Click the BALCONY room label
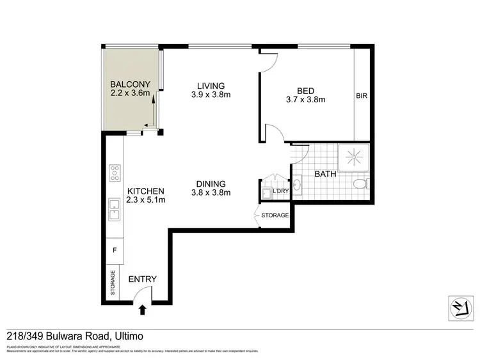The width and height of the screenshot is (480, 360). [130, 84]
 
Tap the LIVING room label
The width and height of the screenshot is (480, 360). [211, 86]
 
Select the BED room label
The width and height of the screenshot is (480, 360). [306, 90]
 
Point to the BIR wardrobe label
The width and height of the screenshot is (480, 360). [362, 97]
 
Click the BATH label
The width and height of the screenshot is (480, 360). [326, 173]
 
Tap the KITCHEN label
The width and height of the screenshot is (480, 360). [146, 191]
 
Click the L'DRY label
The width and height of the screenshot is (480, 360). [280, 191]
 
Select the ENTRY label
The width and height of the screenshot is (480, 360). [142, 279]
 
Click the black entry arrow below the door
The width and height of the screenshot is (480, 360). [142, 311]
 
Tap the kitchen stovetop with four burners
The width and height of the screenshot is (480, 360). [115, 173]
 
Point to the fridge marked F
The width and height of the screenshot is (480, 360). [115, 250]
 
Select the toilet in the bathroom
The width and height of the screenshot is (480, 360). [360, 185]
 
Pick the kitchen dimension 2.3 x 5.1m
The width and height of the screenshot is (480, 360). [146, 200]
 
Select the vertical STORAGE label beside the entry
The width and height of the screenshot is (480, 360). [114, 283]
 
